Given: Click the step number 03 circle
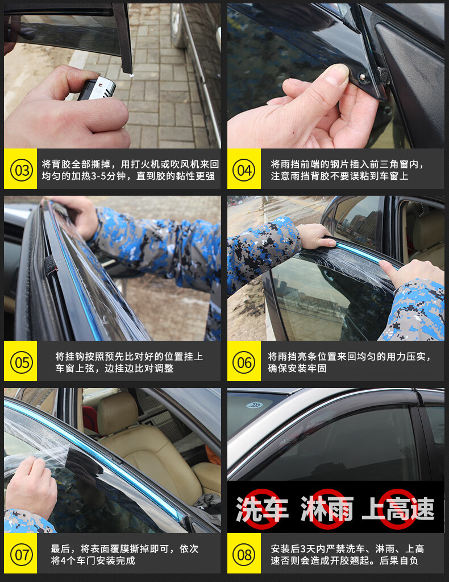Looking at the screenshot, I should click(x=21, y=170).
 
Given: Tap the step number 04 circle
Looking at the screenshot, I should click(x=244, y=170).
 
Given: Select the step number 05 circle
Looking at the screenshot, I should click(x=21, y=362).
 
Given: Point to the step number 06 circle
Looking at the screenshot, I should click(x=244, y=362).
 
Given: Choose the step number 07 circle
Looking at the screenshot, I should click(x=21, y=554).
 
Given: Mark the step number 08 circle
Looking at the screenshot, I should click(x=244, y=554).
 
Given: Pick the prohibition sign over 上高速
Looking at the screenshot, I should click(x=398, y=509).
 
